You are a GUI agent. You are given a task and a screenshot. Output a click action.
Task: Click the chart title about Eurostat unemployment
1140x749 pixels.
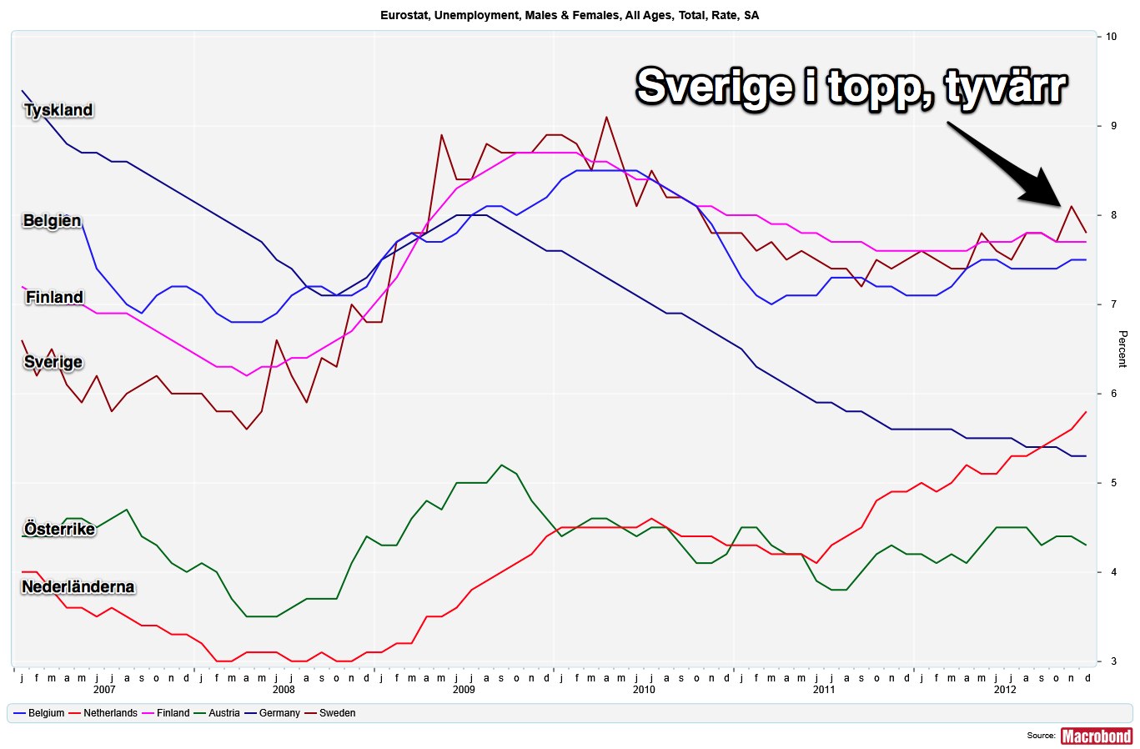coord(570,15)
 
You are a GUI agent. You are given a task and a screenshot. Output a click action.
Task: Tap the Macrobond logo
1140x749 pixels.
coord(1096,736)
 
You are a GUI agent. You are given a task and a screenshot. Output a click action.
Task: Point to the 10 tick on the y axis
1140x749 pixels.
coord(1112,37)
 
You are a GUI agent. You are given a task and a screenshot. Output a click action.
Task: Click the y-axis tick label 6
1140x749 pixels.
coord(1112,394)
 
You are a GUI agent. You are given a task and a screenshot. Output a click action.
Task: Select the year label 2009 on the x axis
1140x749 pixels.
coord(464,690)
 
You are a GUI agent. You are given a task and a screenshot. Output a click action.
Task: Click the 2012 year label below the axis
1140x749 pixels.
coord(1005,690)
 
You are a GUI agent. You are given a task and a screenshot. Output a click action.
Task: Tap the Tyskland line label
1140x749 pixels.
coord(58,110)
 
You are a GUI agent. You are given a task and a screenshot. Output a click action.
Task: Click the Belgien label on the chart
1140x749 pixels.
coord(52,221)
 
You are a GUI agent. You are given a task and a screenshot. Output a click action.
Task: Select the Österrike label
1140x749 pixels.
coord(59,529)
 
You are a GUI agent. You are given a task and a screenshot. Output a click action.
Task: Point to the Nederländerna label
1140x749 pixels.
coord(78,587)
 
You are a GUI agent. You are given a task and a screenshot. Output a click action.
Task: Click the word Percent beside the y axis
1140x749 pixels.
coord(1122,349)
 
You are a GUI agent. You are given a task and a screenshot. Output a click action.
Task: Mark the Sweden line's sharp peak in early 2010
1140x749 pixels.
coord(606,118)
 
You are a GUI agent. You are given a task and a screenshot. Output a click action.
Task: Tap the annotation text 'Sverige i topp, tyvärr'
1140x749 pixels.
coord(851,86)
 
